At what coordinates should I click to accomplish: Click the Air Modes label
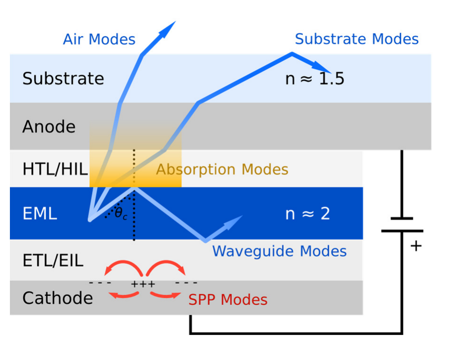click(99, 39)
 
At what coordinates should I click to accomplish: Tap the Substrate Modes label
click(357, 39)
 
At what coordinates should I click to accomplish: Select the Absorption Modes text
click(222, 169)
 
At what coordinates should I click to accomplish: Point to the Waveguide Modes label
click(280, 251)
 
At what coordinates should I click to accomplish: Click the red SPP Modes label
click(228, 300)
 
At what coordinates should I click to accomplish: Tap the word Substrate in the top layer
click(63, 78)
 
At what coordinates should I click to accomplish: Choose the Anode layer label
click(49, 126)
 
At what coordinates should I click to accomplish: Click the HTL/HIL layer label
click(55, 169)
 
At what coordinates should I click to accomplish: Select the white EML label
click(40, 214)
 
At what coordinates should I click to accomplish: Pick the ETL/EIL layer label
click(53, 260)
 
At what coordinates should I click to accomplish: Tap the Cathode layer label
click(58, 298)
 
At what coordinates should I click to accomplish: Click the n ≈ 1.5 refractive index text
click(315, 78)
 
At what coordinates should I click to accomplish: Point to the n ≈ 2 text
click(308, 214)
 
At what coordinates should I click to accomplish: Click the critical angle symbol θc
click(121, 214)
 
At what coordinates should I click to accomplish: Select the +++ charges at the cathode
click(143, 284)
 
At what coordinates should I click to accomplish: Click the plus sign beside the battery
click(416, 246)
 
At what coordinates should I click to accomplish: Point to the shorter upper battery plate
click(402, 218)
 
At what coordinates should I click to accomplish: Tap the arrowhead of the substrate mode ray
click(322, 67)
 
